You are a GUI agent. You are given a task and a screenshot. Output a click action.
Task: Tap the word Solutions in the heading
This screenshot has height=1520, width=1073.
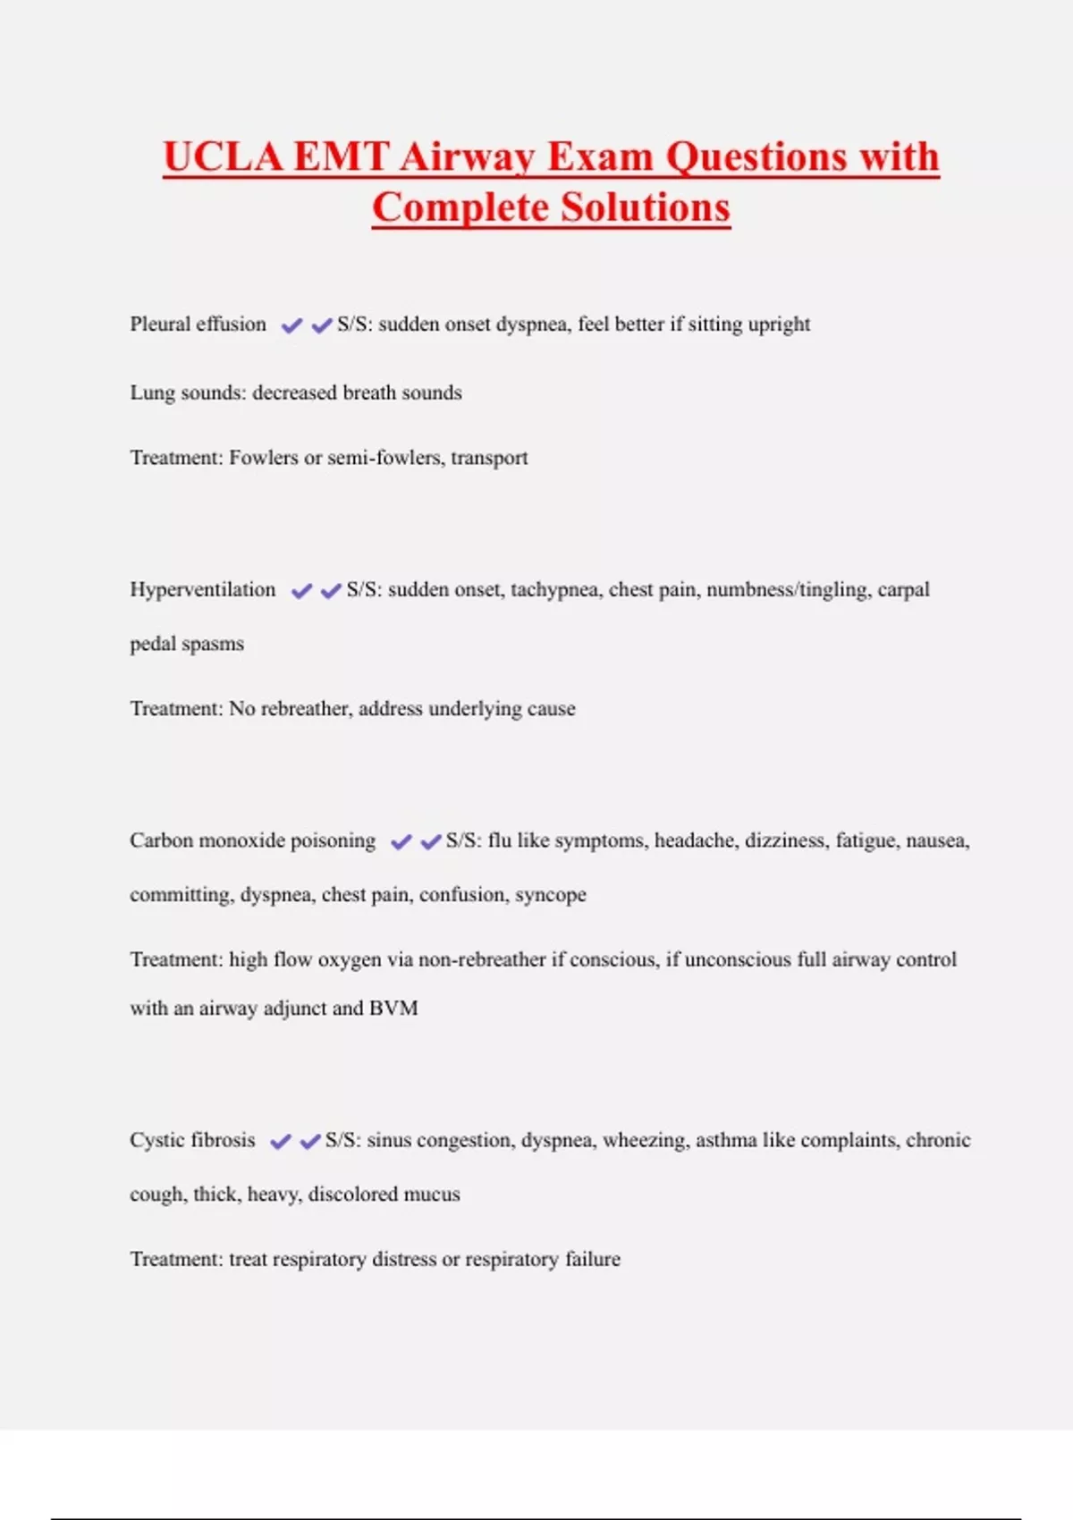point(646,207)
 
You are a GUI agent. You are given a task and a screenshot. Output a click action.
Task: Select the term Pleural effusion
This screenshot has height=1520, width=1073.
point(198,324)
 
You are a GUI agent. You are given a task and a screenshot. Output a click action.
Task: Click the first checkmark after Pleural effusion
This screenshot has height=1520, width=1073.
point(291,325)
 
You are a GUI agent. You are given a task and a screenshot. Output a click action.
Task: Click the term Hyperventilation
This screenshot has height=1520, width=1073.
point(202,589)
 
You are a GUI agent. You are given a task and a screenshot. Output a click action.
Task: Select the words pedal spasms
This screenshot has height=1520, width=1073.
point(186,644)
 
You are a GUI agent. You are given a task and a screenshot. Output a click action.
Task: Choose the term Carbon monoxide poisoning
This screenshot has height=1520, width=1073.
point(252,840)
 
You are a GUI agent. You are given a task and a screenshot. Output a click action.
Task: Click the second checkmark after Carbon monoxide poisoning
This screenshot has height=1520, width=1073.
point(431,841)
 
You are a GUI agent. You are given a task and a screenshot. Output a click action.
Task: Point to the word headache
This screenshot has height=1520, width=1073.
point(695,840)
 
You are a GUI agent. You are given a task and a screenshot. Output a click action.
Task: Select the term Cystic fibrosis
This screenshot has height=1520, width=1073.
point(192,1140)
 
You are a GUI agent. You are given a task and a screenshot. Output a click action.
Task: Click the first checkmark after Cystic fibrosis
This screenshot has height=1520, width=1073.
point(281,1142)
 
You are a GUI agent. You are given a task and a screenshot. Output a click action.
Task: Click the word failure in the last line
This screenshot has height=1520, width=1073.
point(592,1259)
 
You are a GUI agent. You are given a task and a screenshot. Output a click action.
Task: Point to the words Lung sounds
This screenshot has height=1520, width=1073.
point(184,393)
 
